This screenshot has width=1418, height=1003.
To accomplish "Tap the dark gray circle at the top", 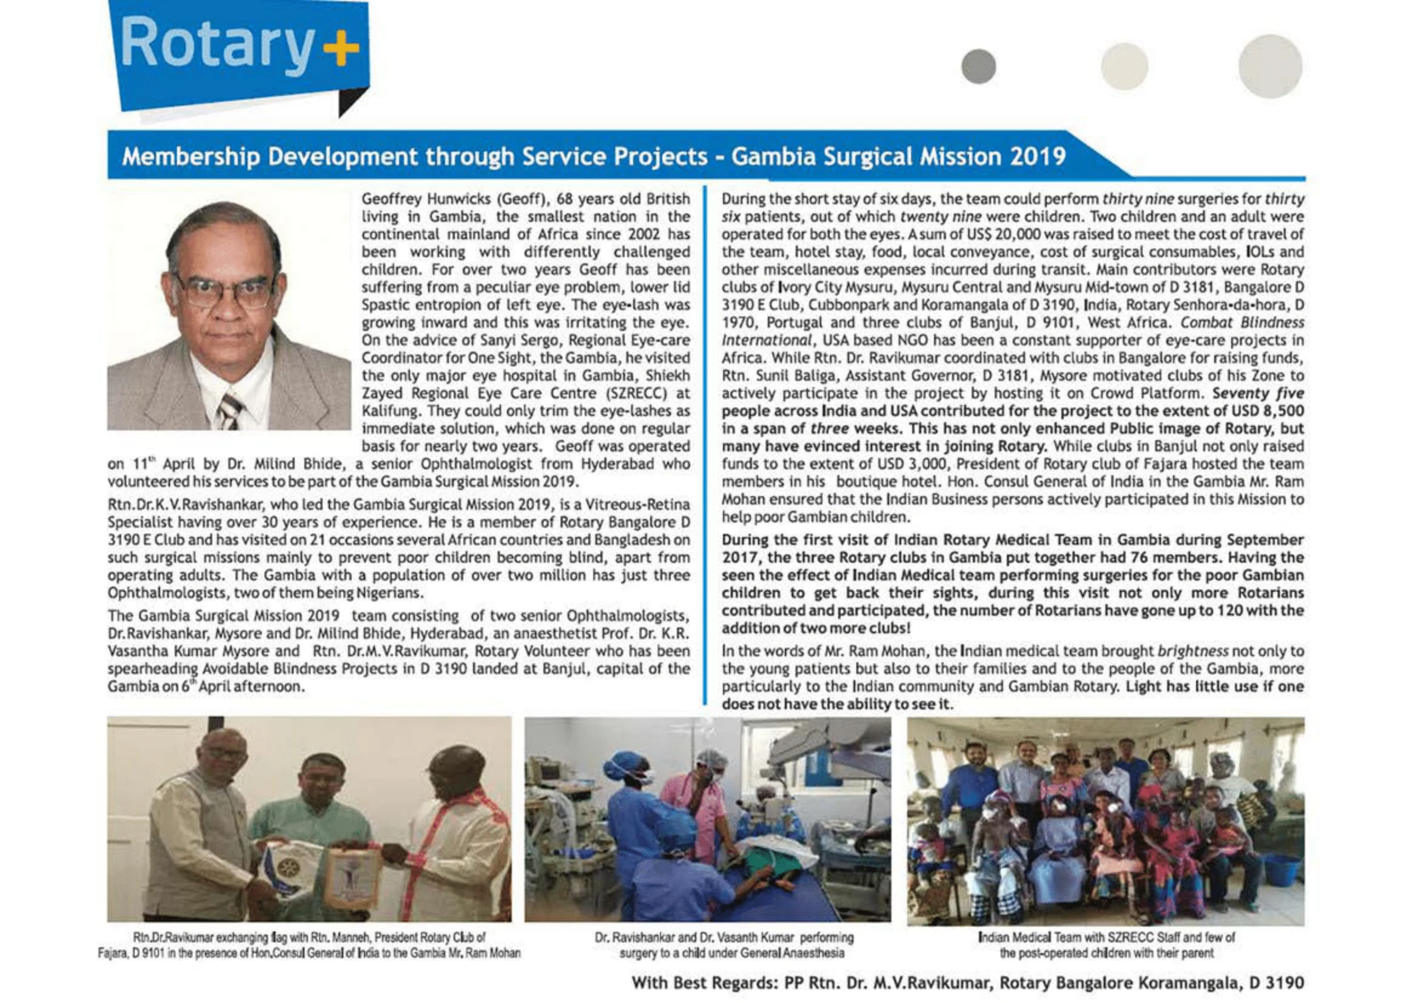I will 978,66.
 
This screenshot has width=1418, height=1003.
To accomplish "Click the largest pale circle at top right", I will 1270,66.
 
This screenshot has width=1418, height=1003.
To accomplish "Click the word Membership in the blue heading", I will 190,157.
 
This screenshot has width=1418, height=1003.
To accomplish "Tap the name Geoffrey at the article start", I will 392,200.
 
